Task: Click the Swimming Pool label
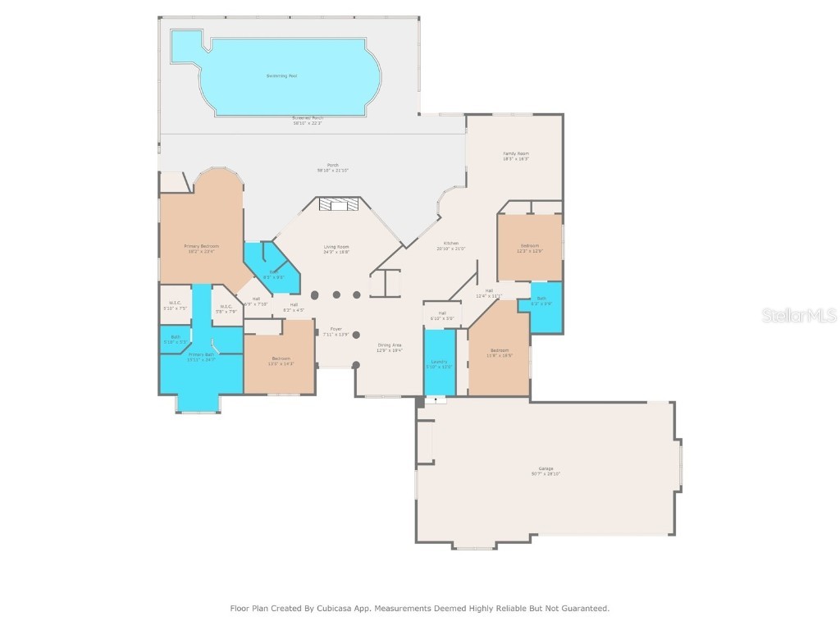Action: click(281, 75)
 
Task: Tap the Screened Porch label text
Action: click(308, 119)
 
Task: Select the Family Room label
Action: click(515, 155)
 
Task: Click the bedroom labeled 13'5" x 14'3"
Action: click(281, 360)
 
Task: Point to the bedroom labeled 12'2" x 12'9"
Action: click(530, 247)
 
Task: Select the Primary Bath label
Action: click(200, 356)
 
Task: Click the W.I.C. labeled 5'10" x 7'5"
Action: click(175, 305)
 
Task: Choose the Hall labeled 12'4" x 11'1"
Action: click(489, 292)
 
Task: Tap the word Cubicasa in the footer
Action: click(335, 609)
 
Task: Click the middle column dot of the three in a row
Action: click(336, 295)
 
